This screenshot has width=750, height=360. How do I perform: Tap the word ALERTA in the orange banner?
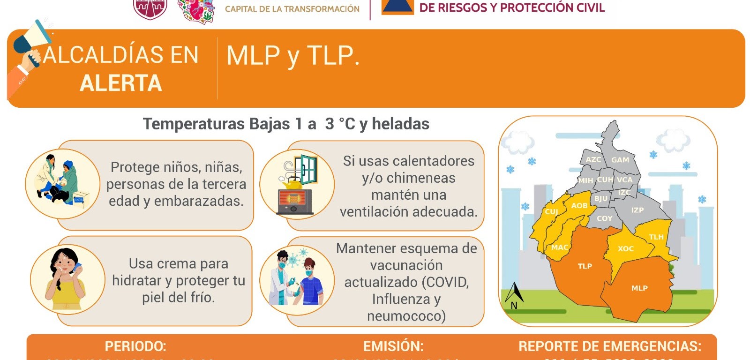click(x=121, y=83)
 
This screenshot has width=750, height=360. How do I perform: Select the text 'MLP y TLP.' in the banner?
click(x=293, y=56)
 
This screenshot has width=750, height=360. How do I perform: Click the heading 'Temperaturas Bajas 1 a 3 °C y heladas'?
click(x=286, y=124)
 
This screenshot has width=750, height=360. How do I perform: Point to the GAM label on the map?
click(x=620, y=160)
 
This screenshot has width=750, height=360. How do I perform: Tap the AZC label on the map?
click(x=593, y=159)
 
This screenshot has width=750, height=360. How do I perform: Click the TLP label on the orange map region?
click(x=585, y=266)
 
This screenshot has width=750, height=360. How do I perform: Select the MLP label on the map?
click(x=639, y=288)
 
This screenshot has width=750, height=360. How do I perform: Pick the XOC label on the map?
click(x=625, y=249)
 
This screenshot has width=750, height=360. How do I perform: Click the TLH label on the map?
click(x=656, y=237)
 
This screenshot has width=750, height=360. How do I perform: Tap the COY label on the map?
click(x=604, y=218)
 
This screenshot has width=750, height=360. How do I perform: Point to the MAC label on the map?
click(x=559, y=247)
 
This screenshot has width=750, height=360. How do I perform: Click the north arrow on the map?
click(x=514, y=295)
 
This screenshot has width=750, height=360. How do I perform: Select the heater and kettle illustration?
click(x=297, y=184)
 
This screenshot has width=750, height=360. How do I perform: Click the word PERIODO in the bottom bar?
click(x=135, y=346)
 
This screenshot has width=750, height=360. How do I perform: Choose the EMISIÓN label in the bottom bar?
click(x=393, y=346)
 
